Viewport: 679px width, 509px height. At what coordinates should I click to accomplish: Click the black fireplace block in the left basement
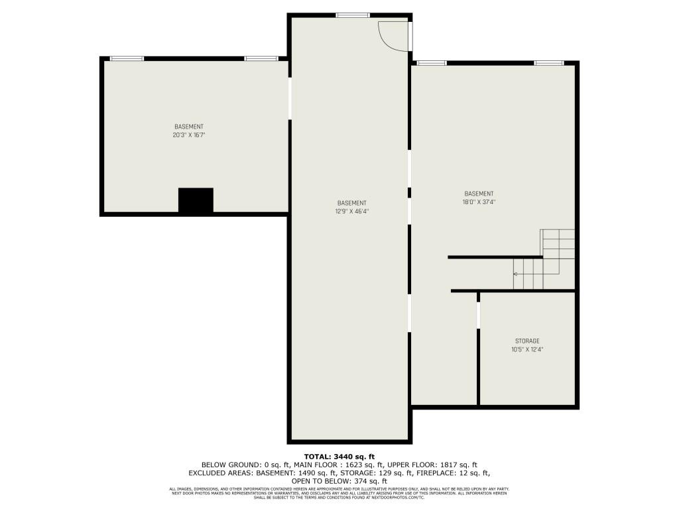[x=196, y=200]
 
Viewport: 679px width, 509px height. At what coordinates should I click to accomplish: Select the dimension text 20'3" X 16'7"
[x=189, y=135]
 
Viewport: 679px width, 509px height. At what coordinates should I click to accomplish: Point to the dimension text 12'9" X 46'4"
[x=351, y=211]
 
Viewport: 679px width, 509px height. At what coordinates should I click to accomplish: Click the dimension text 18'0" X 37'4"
[x=479, y=202]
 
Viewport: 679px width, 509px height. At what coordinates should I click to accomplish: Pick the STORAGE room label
[x=527, y=341]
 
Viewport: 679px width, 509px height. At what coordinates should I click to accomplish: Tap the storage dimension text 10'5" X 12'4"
[x=527, y=349]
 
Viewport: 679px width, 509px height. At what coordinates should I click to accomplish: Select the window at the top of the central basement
[x=352, y=15]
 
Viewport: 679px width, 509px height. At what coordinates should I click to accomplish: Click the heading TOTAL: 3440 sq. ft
[x=339, y=457]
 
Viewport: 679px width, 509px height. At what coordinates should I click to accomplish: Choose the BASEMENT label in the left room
[x=189, y=127]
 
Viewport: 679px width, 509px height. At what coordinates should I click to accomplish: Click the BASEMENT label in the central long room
[x=351, y=203]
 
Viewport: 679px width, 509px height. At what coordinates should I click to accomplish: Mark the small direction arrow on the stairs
[x=516, y=273]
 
